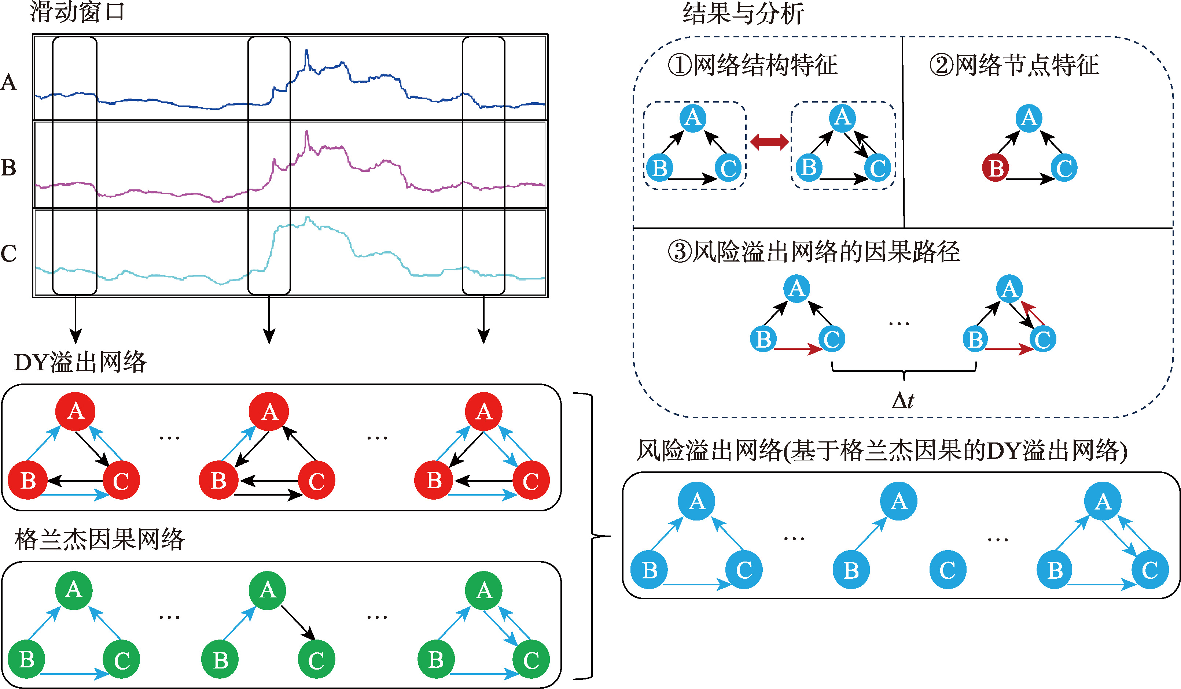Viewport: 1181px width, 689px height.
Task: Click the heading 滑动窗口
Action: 77,12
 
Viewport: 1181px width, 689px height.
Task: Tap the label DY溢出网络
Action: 80,362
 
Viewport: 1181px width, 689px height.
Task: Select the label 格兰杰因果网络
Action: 99,539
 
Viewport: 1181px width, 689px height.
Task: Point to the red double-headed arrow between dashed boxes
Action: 769,141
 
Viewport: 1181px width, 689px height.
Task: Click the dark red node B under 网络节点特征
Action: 996,168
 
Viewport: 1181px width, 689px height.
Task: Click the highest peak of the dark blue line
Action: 306,51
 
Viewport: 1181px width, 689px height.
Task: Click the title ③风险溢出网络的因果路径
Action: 814,252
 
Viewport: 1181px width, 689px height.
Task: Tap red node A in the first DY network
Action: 75,412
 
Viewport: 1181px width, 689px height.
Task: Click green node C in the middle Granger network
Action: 316,659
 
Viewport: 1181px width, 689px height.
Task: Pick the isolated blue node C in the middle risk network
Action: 948,570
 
